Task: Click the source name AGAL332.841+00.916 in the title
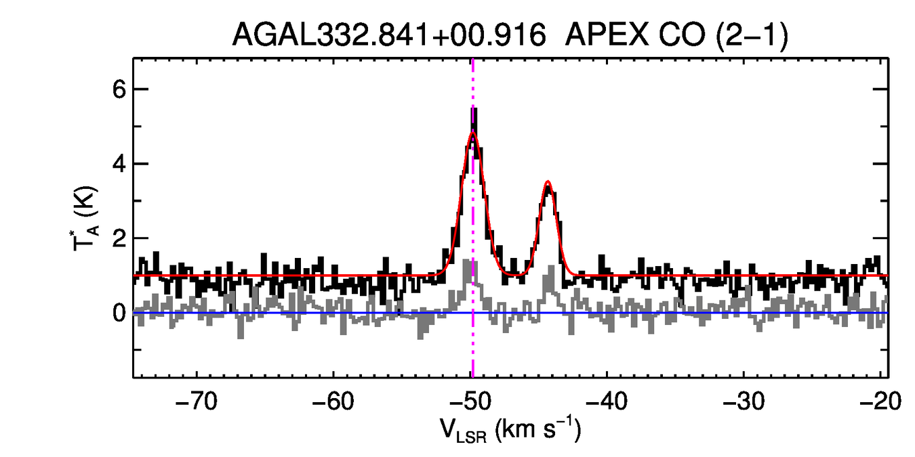point(389,35)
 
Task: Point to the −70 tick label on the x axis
point(196,402)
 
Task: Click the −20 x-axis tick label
point(879,402)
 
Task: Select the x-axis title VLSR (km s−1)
point(510,431)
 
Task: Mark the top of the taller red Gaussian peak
point(473,133)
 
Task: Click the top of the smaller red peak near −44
point(548,182)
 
